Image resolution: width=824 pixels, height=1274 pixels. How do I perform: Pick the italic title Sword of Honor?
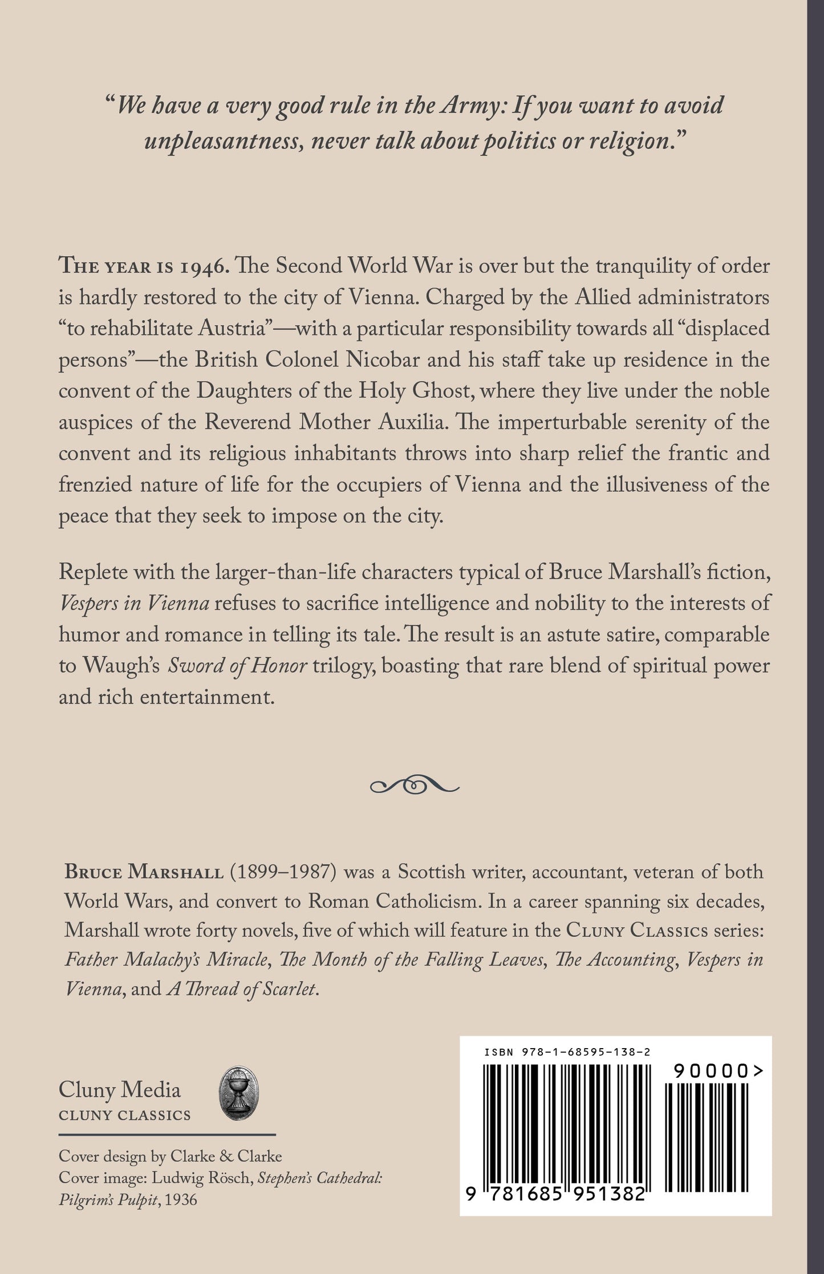[x=237, y=666]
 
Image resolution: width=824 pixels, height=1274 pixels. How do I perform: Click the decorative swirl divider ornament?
[x=415, y=786]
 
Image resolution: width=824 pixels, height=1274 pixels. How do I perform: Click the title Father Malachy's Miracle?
[x=166, y=960]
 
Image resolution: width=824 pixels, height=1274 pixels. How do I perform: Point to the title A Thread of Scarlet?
[x=242, y=989]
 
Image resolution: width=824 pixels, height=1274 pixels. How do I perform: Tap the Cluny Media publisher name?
[x=120, y=1090]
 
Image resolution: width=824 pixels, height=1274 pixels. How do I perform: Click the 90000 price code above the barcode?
[x=711, y=1072]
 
